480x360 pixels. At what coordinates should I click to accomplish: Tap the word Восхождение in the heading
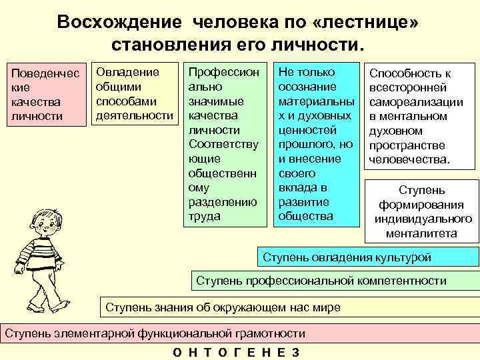pyautogui.click(x=118, y=22)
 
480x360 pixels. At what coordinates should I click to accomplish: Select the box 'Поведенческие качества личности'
pyautogui.click(x=45, y=94)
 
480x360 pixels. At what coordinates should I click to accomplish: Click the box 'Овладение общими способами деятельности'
pyautogui.click(x=134, y=94)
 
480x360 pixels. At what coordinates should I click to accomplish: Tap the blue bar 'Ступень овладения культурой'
pyautogui.click(x=367, y=257)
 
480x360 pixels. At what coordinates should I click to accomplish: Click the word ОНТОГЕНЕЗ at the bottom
pyautogui.click(x=236, y=353)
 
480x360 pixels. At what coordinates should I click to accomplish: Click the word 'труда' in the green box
pyautogui.click(x=203, y=216)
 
